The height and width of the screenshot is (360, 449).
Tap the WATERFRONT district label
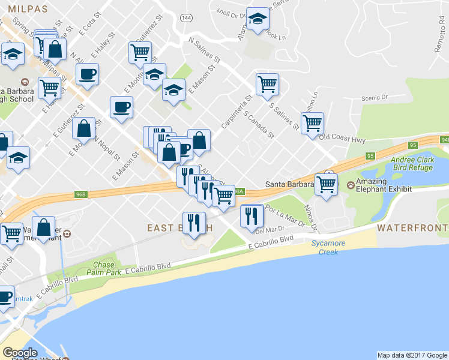pyautogui.click(x=412, y=228)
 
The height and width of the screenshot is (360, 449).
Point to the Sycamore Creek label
pyautogui.click(x=324, y=247)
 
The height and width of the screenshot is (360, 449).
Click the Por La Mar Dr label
pyautogui.click(x=285, y=215)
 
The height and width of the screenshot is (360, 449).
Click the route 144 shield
pyautogui.click(x=188, y=18)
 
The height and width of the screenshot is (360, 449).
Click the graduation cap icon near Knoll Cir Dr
pyautogui.click(x=258, y=19)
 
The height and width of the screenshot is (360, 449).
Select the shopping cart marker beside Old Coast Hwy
pyautogui.click(x=312, y=123)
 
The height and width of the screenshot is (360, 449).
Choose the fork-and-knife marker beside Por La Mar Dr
pyautogui.click(x=252, y=215)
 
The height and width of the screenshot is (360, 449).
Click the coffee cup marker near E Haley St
pyautogui.click(x=88, y=74)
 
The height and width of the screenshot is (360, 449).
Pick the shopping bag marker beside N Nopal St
pyautogui.click(x=86, y=128)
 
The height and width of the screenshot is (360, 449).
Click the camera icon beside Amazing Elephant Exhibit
pyautogui.click(x=351, y=182)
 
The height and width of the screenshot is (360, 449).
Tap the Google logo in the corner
pyautogui.click(x=20, y=353)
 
